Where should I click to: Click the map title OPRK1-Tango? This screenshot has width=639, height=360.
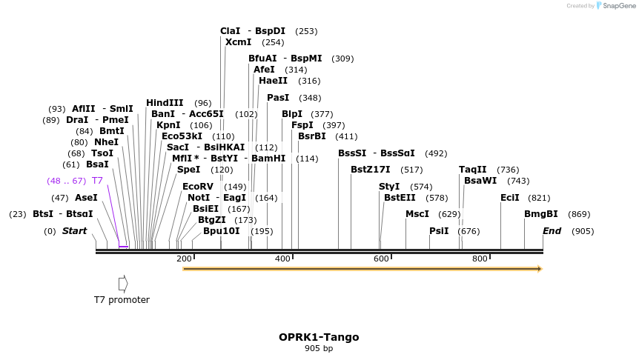pyautogui.click(x=319, y=337)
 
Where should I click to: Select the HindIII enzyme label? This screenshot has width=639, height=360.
pyautogui.click(x=165, y=103)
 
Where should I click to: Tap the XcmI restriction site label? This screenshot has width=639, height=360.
pyautogui.click(x=238, y=42)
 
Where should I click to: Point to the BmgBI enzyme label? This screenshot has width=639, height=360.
pyautogui.click(x=541, y=214)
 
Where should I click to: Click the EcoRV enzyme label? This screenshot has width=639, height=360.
pyautogui.click(x=198, y=187)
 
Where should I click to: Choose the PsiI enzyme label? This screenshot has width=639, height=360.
pyautogui.click(x=439, y=231)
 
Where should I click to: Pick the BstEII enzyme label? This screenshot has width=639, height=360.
pyautogui.click(x=400, y=198)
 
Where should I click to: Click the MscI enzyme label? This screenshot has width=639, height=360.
pyautogui.click(x=418, y=214)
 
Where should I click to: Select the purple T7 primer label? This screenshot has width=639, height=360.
pyautogui.click(x=97, y=181)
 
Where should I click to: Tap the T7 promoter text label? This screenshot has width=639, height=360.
pyautogui.click(x=122, y=300)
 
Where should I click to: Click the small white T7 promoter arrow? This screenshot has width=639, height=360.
pyautogui.click(x=123, y=283)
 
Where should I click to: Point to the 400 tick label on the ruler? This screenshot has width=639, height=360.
pyautogui.click(x=282, y=259)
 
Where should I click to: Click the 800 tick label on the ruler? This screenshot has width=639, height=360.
pyautogui.click(x=480, y=259)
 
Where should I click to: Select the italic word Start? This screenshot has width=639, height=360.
pyautogui.click(x=74, y=231)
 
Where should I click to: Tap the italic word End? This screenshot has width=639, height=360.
pyautogui.click(x=552, y=231)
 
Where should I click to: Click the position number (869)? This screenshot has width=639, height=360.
pyautogui.click(x=579, y=214)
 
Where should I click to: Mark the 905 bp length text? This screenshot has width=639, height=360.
pyautogui.click(x=319, y=348)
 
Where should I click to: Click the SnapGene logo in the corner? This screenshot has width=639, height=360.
pyautogui.click(x=615, y=6)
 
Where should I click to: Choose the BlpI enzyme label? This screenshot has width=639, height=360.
pyautogui.click(x=292, y=114)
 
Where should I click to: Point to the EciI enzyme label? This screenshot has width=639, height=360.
pyautogui.click(x=510, y=198)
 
